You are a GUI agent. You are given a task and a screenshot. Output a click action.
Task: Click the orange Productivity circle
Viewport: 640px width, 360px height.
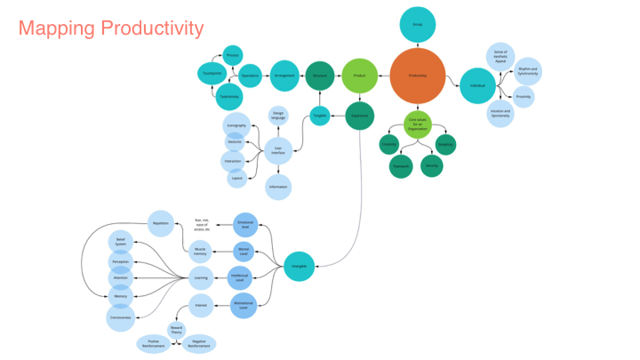tap(417, 76)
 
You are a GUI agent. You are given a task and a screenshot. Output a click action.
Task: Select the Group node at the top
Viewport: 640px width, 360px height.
tap(417, 24)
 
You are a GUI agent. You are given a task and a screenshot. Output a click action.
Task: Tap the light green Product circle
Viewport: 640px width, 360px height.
tap(359, 76)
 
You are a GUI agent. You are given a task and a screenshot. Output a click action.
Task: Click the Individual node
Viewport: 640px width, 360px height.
tap(477, 85)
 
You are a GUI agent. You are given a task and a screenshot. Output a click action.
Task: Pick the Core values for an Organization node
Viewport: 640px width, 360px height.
tap(417, 124)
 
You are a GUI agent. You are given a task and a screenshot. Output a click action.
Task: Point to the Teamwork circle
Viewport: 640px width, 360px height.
tap(400, 165)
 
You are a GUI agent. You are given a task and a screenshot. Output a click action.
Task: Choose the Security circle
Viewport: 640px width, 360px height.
tap(432, 165)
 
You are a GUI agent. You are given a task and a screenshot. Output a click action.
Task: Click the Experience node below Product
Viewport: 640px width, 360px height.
tap(359, 116)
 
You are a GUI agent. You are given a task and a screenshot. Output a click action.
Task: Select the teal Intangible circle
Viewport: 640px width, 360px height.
tap(300, 266)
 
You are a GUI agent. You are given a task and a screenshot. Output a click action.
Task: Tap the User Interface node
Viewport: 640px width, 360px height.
tap(278, 150)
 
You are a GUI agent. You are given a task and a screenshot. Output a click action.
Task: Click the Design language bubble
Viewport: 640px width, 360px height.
tap(278, 116)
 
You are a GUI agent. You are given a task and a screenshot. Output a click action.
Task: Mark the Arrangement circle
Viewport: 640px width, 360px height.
tap(284, 76)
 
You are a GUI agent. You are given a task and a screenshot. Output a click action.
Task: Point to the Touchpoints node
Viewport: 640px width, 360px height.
tap(212, 74)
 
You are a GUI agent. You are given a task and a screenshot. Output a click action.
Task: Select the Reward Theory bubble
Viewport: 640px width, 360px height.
tap(176, 329)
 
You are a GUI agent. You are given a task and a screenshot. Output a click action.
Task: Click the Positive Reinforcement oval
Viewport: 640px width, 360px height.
tap(152, 344)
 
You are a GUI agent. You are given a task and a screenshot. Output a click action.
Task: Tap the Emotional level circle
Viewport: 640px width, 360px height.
tap(244, 224)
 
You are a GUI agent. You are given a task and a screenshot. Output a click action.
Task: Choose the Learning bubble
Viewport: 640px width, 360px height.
tap(201, 277)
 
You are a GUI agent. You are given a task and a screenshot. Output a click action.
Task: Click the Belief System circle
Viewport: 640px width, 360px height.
tap(121, 241)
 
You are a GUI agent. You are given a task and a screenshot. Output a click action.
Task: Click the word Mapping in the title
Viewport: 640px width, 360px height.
tap(56, 28)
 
